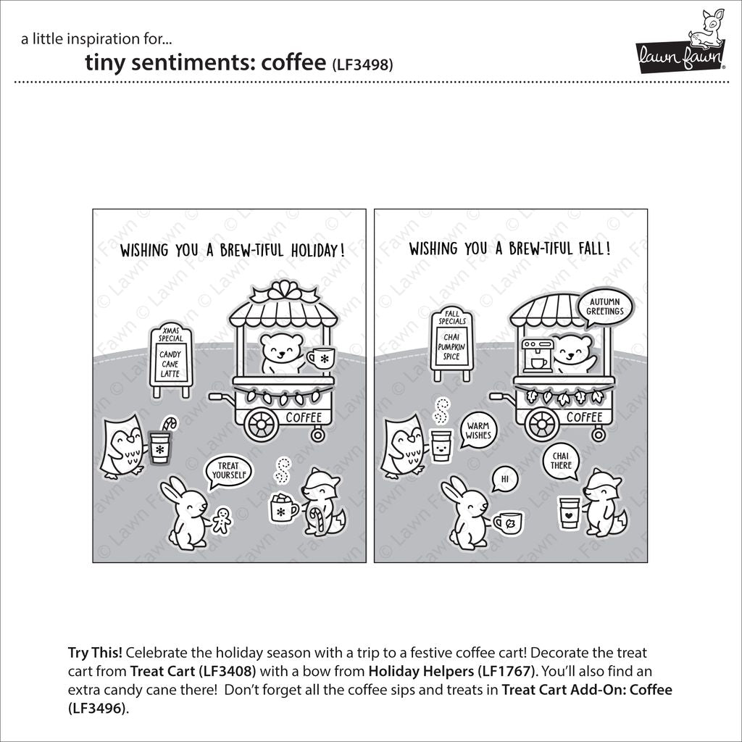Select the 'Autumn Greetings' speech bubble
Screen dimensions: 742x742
(606, 307)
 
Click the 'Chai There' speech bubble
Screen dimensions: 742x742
(561, 461)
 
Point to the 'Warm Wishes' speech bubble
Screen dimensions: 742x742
(479, 431)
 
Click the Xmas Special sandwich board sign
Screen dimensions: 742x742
(171, 360)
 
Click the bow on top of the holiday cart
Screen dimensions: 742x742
(284, 292)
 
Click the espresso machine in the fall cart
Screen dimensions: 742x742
(537, 355)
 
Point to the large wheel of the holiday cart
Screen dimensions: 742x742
(262, 425)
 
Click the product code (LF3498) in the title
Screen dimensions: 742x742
(362, 64)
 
